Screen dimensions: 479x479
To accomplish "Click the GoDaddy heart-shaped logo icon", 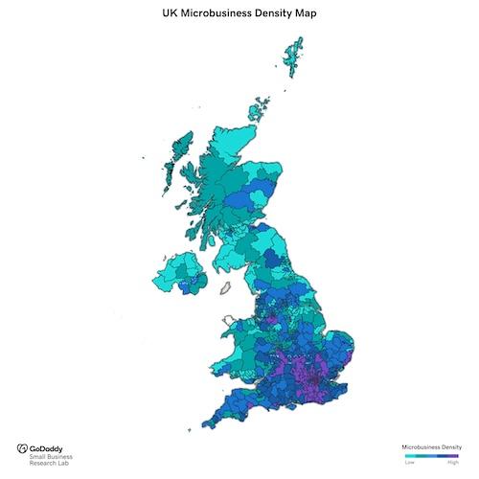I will tap(22, 448).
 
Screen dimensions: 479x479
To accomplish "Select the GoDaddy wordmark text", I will tap(48, 448).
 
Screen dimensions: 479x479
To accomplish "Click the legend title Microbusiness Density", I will tap(431, 447).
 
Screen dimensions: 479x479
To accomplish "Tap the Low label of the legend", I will tap(410, 463).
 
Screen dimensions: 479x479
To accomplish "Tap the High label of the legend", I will tap(453, 463).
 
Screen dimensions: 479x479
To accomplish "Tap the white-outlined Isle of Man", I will tap(227, 285).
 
